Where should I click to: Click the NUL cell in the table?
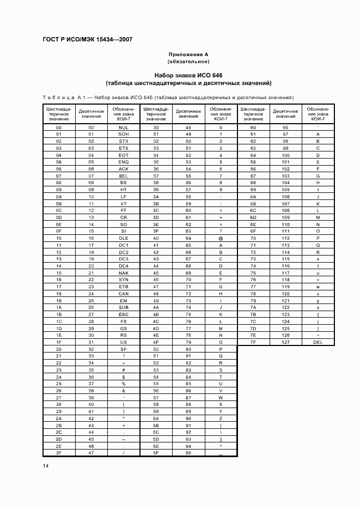pos(124,127)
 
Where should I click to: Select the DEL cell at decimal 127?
pos(318,342)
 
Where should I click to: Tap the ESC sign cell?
pos(124,314)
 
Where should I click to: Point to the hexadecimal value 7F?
pos(253,342)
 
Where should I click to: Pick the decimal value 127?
pos(285,342)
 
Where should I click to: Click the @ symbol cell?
pos(221,238)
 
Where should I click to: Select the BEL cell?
pos(124,176)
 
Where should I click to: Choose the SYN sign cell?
pos(124,279)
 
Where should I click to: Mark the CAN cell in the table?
pos(124,293)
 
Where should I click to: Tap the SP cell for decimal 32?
pos(124,349)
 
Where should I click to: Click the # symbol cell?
pos(124,369)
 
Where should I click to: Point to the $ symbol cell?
pos(124,377)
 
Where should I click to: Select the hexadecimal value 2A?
pos(58,418)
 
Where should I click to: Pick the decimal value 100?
pos(285,155)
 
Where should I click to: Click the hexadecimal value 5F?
pos(156,452)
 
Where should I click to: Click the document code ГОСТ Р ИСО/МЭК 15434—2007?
pos(87,40)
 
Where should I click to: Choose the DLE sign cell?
pos(124,238)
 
